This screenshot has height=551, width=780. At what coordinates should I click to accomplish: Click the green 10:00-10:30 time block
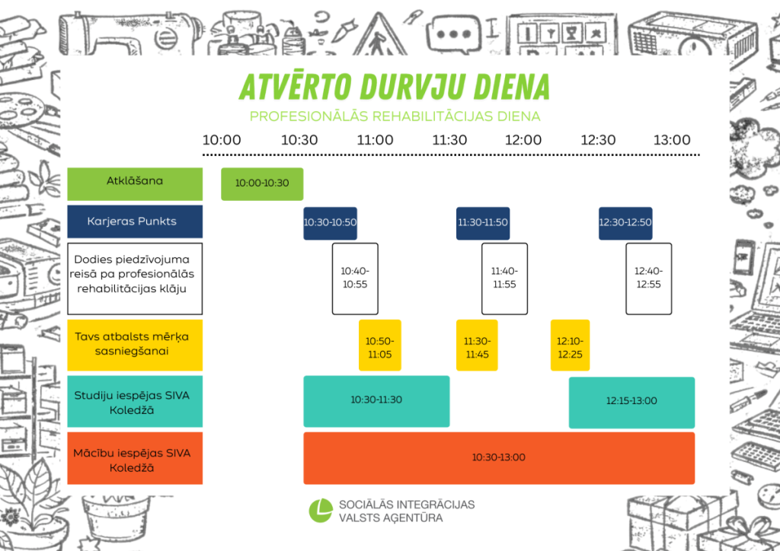coord(262,184)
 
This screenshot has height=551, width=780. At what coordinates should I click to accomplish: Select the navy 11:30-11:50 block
coord(483,223)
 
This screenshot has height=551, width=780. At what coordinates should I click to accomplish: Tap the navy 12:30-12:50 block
coord(625,223)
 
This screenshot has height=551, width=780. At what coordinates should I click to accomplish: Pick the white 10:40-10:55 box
coord(355,279)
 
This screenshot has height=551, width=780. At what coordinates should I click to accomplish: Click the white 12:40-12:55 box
coord(649,279)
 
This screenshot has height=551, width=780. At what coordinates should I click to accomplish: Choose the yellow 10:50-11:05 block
coord(380,346)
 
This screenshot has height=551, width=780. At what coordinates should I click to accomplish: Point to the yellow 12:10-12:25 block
coord(570,346)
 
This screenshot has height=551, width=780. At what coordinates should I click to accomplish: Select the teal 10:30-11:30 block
coord(376,401)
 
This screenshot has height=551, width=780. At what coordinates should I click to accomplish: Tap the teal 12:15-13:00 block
coord(631,403)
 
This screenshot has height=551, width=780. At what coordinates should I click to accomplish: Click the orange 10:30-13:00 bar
coord(499,458)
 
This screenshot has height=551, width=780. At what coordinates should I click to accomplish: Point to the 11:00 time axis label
coord(375,140)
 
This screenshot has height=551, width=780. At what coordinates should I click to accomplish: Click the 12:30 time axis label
coord(598,140)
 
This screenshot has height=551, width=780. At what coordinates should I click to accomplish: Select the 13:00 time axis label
coord(672,140)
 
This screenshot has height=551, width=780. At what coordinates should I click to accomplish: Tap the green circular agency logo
coord(321,511)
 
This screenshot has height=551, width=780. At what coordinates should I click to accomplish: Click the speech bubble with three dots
coord(454,33)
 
